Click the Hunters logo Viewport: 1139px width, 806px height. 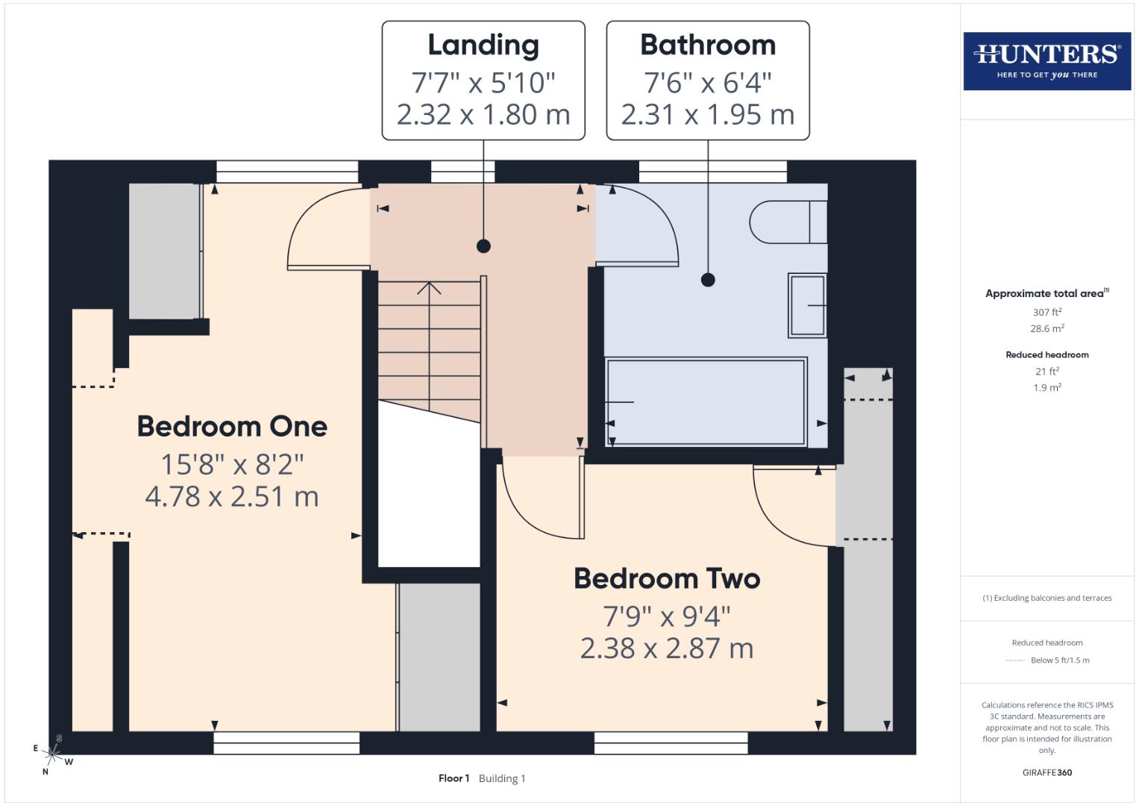point(1047,60)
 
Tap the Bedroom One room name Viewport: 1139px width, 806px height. point(232,427)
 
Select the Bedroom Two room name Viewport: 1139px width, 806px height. point(667,579)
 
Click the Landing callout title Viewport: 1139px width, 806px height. point(483,46)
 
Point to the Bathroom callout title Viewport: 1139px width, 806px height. point(708,46)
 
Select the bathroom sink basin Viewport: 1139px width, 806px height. point(807,305)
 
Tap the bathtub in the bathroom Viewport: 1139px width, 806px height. point(706,402)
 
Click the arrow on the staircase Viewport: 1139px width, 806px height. point(429,289)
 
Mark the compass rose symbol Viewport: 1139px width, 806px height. point(53,755)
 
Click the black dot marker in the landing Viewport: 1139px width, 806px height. point(483,246)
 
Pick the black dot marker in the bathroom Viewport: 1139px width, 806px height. point(708,280)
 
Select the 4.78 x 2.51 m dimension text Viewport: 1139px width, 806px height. point(232,497)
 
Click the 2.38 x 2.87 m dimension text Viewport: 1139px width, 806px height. point(667,649)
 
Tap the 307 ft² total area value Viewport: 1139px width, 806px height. point(1047,312)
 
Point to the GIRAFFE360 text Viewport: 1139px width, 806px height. point(1047,772)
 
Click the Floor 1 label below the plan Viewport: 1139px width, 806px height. point(454,778)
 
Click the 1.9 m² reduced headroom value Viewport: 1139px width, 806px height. point(1047,387)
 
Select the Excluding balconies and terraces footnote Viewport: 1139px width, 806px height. point(1047,598)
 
